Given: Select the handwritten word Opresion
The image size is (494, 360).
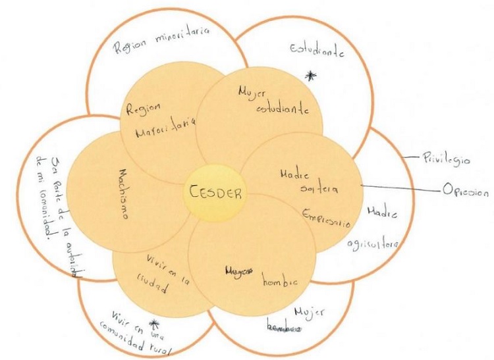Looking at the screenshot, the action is tap(466, 192).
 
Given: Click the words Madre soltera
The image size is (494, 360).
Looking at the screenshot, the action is tap(304, 182).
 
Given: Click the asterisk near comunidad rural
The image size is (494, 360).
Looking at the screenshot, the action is tap(155, 324).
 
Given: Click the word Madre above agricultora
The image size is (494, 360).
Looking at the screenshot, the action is tap(379, 215).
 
